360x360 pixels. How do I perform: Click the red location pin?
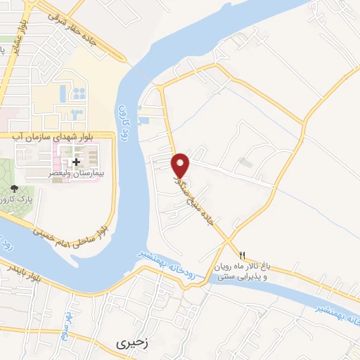[x=181, y=165]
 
